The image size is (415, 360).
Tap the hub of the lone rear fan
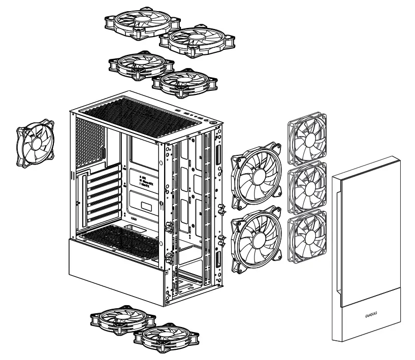35,143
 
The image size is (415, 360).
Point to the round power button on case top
210,121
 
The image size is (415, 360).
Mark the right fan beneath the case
165,336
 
